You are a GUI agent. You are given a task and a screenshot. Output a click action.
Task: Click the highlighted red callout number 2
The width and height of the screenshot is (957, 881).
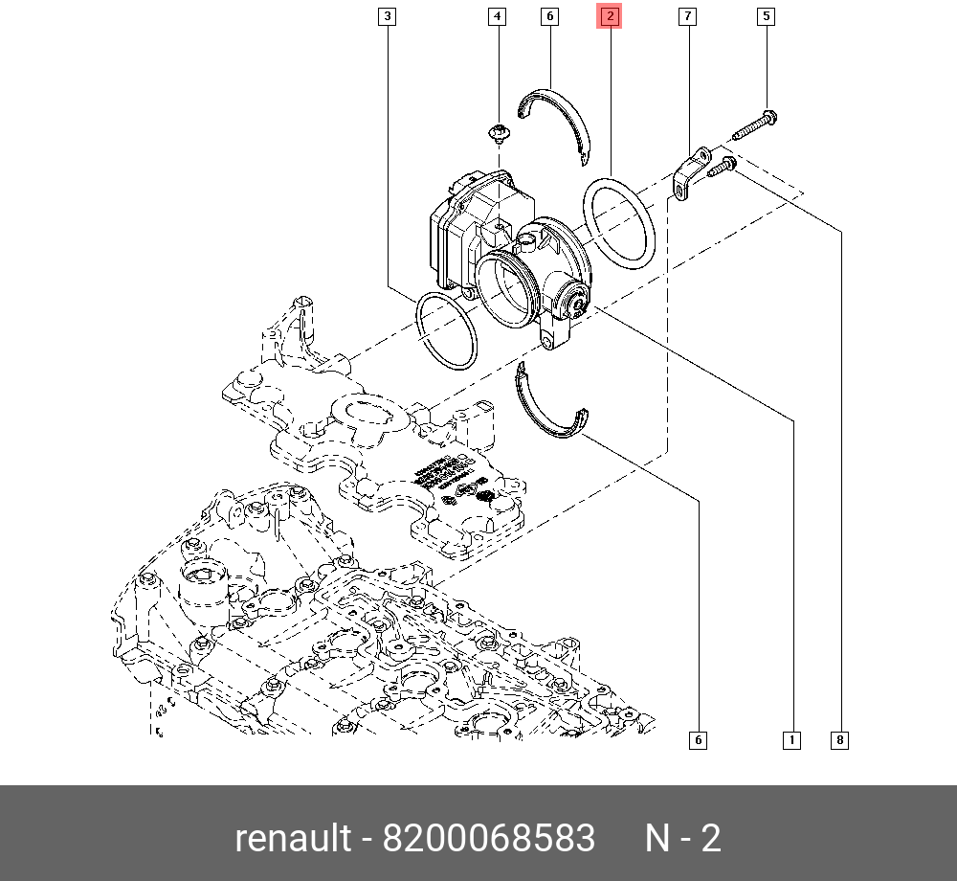(610, 16)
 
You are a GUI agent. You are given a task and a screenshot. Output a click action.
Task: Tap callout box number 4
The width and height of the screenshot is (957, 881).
(497, 16)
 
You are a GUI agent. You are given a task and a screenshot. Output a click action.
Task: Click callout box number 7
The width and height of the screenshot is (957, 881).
(687, 16)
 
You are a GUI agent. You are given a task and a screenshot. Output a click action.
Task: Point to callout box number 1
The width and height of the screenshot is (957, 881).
(791, 739)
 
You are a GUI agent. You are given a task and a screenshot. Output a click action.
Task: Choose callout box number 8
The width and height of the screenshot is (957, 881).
(839, 739)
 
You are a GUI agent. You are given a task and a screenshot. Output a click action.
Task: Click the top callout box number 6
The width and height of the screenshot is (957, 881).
(549, 16)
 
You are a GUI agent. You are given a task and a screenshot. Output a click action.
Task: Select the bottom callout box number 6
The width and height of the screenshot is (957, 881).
(698, 739)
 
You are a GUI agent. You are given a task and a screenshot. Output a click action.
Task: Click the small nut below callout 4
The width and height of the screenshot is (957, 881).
(497, 132)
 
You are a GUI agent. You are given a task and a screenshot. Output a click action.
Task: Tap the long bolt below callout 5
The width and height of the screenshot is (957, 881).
(755, 124)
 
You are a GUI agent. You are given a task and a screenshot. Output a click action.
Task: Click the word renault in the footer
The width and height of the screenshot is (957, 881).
(293, 839)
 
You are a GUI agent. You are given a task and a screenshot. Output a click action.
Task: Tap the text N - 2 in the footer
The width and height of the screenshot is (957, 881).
(682, 839)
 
